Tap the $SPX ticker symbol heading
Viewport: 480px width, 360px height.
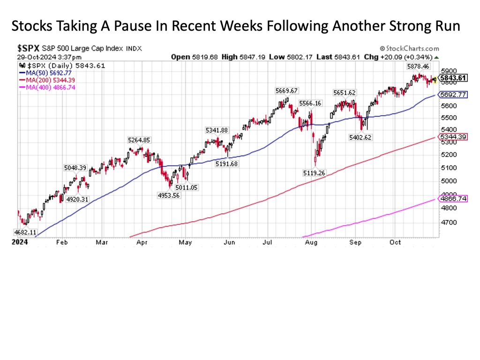[29, 48]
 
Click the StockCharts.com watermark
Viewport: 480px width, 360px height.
[409, 48]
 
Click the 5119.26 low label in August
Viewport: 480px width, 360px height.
[315, 173]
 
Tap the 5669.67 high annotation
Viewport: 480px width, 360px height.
[286, 90]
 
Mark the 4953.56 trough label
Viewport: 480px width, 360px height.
[169, 195]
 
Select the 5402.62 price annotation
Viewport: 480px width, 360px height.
[360, 137]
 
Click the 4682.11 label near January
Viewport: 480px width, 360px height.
[25, 232]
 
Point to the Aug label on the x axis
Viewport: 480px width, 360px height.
[311, 242]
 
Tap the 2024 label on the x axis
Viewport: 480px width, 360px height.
[20, 242]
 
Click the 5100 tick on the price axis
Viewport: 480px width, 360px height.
[449, 168]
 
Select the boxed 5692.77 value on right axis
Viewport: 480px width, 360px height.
[454, 95]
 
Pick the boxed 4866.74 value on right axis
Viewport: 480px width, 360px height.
[454, 199]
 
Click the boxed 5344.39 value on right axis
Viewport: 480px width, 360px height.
[454, 136]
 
